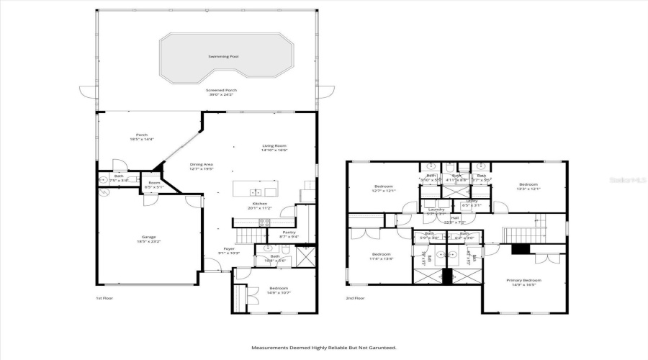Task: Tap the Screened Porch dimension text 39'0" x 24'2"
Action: (x=222, y=95)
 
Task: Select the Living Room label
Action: (x=274, y=146)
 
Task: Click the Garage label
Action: (x=149, y=237)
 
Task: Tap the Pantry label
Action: (x=288, y=233)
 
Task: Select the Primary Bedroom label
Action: (x=523, y=280)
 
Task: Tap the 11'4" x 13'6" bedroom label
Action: (x=381, y=255)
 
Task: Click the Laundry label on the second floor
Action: (x=436, y=211)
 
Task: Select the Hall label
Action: (x=454, y=218)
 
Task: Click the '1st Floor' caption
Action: (x=104, y=298)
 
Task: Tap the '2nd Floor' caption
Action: (x=355, y=298)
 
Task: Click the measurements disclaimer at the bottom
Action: (x=323, y=348)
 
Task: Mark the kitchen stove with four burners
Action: (x=264, y=222)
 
